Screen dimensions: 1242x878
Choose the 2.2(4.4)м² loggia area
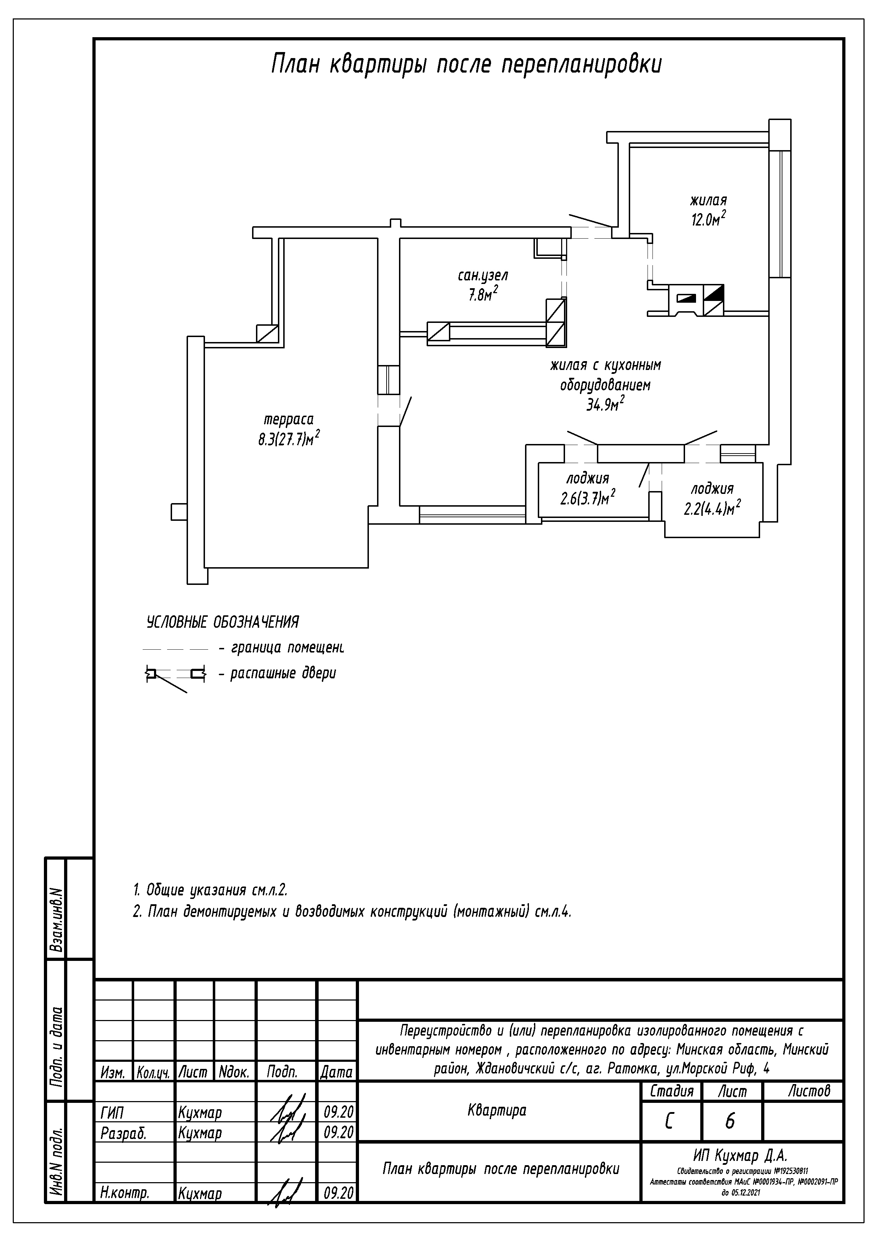(x=712, y=509)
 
